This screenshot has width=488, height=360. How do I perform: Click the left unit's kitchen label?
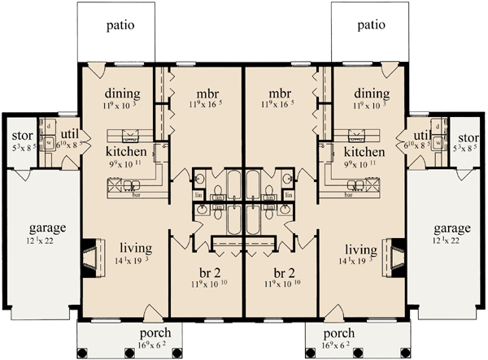tap(126, 152)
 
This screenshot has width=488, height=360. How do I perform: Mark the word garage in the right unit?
tap(447, 228)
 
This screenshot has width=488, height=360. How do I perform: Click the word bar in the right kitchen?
tap(347, 197)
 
